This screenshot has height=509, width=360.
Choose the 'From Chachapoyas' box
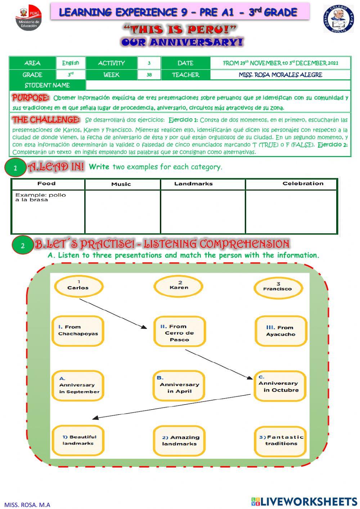tap(78, 331)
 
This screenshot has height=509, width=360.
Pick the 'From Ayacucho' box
tap(280, 331)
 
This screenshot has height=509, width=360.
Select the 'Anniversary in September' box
tap(78, 386)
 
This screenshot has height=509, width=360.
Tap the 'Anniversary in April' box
tap(179, 386)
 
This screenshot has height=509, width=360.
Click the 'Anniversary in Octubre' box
tap(280, 386)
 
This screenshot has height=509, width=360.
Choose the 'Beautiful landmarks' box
tap(78, 440)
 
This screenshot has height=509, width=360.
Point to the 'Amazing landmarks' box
tap(179, 441)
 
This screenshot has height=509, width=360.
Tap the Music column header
tap(121, 184)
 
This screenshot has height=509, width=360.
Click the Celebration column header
tap(302, 184)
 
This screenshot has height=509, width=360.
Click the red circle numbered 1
tap(15, 168)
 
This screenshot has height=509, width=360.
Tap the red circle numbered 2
tap(23, 246)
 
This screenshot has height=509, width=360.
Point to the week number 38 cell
tap(149, 75)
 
